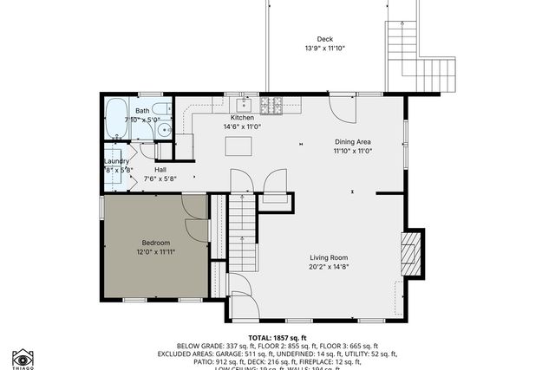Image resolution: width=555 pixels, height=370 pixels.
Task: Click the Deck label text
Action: tap(324, 38)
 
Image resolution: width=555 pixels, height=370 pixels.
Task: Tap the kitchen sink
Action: tap(245, 107)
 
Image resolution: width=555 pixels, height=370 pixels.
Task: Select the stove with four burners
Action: tap(271, 107)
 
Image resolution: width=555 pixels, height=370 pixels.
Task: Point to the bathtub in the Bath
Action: tap(116, 119)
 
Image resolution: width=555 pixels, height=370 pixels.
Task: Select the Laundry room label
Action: tap(116, 161)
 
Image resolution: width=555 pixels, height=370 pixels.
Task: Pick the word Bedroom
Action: tap(156, 243)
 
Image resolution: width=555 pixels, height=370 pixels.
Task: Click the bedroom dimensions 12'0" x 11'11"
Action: tap(156, 252)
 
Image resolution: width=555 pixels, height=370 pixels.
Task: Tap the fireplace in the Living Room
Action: tap(412, 253)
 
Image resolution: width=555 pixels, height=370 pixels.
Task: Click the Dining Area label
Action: tap(353, 141)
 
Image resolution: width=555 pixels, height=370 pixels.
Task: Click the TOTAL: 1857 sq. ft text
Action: tap(277, 337)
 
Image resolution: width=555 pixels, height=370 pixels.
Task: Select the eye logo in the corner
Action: tap(23, 358)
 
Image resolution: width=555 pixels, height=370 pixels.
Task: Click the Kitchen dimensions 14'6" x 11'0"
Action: tap(242, 127)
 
